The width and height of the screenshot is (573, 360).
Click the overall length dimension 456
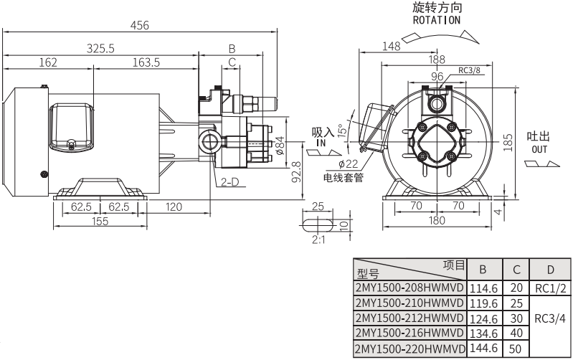pos(140,25)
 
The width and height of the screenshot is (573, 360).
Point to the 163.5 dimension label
pos(146,62)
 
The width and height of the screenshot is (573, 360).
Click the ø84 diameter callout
pos(280,146)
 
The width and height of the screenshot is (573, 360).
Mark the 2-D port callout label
pos(229,182)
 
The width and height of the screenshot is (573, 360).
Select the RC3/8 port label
pos(469,70)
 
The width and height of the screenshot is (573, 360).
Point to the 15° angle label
pos(344,128)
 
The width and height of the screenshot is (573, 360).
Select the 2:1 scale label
pos(319,240)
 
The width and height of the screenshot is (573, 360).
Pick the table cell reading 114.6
pos(483,288)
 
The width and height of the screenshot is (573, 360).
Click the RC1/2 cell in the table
pos(551,288)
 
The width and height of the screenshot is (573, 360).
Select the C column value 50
pos(516,349)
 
